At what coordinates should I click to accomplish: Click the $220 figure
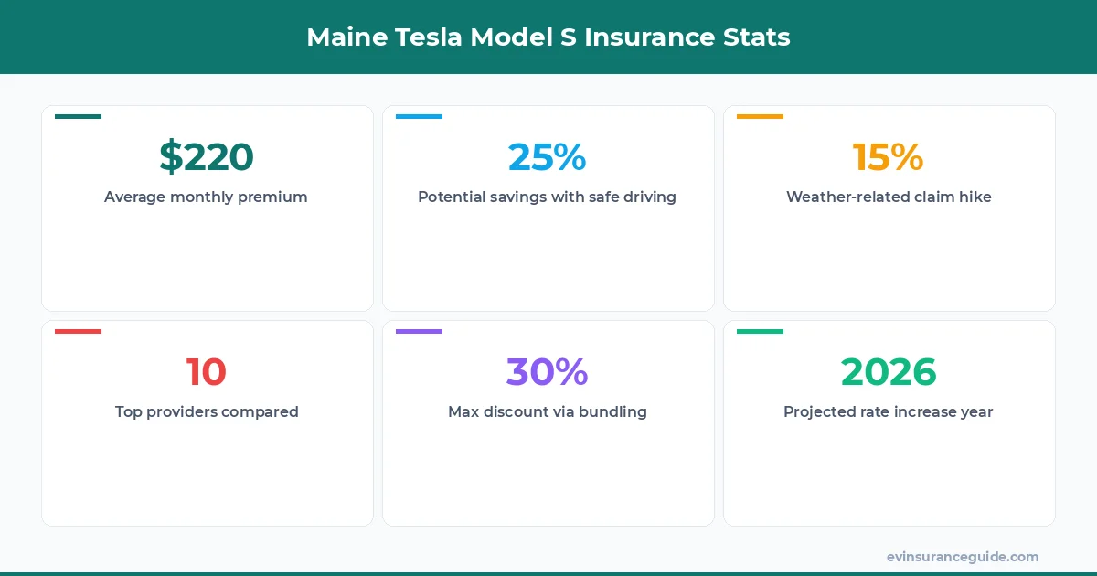[x=207, y=157]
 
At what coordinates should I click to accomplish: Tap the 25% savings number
[x=547, y=157]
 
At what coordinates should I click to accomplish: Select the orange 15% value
[x=889, y=157]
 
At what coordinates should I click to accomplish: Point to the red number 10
[x=207, y=372]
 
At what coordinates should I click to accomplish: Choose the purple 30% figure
[x=547, y=372]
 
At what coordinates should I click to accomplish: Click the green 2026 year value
[x=889, y=372]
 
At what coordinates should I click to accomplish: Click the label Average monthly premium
[x=206, y=197]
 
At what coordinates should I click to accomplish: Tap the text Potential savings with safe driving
[x=547, y=197]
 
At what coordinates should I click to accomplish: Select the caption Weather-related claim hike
[x=889, y=197]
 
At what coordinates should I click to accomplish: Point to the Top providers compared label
[x=207, y=411]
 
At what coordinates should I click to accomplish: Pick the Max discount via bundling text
[x=547, y=411]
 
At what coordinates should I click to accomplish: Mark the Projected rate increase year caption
[x=889, y=411]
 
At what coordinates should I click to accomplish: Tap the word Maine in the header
[x=345, y=37]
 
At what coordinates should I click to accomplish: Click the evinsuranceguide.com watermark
[x=963, y=557]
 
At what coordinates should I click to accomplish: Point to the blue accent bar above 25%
[x=419, y=117]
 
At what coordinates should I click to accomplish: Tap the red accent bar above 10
[x=78, y=331]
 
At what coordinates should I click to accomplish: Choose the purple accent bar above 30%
[x=419, y=331]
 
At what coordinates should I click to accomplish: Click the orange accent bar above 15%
[x=760, y=117]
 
